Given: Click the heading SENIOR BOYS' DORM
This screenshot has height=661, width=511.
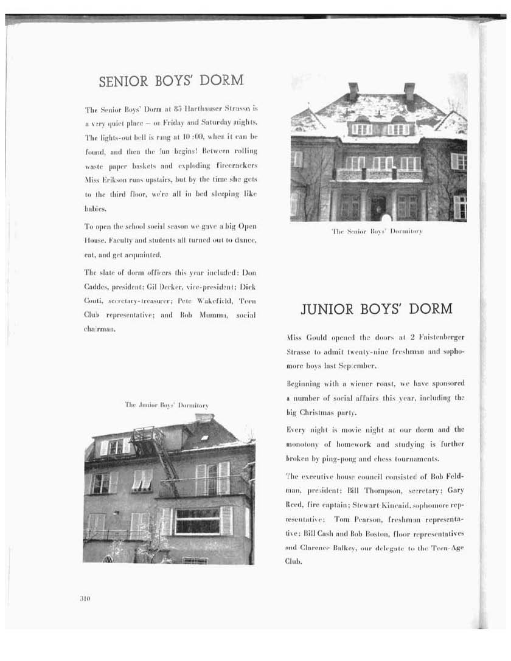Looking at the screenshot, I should tap(171, 80).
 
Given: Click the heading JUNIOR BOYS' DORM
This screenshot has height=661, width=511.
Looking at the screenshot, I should tap(377, 308).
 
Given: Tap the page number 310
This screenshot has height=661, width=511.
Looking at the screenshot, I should tap(85, 598).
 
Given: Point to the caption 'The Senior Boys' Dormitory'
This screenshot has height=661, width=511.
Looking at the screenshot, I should tap(377, 231).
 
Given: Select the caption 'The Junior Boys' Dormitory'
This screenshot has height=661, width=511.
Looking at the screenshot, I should tap(167, 404).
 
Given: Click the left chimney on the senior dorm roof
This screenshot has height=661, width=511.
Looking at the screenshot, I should tap(353, 90).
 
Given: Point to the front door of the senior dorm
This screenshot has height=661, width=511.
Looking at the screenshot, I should tap(378, 208).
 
